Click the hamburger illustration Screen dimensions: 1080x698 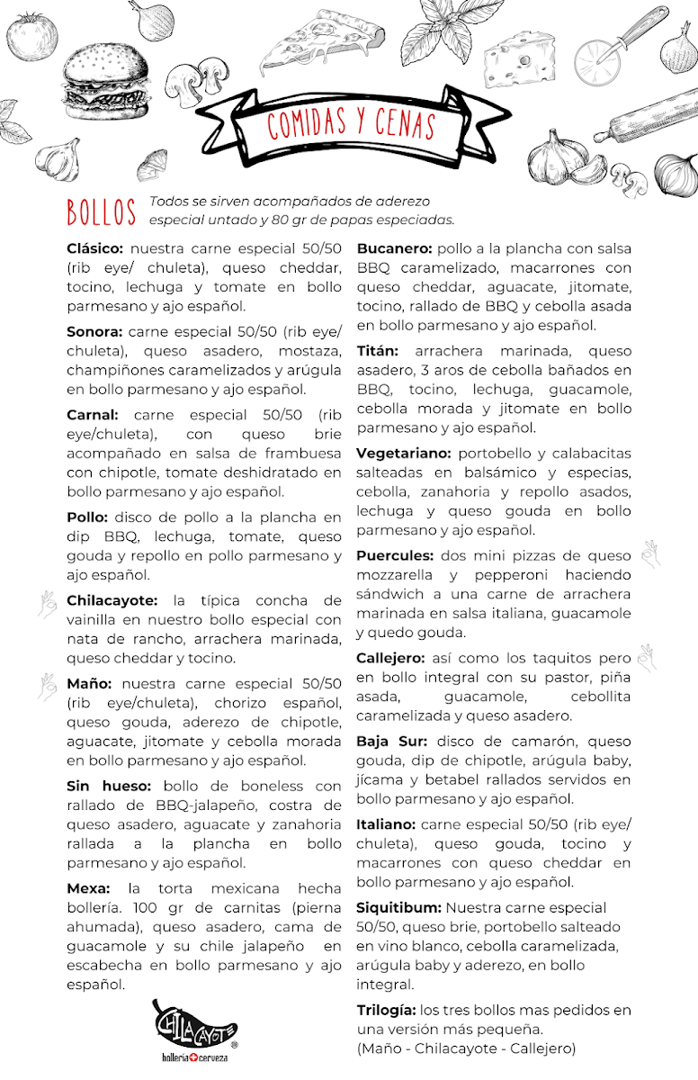(105, 84)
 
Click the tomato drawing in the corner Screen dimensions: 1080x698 (31, 36)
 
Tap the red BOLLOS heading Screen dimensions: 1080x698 (101, 211)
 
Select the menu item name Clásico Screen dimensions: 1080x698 (96, 248)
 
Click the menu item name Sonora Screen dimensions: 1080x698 (94, 331)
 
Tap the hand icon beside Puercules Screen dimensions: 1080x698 (649, 554)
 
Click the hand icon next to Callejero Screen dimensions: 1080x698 (646, 657)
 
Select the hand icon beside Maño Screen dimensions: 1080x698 (46, 687)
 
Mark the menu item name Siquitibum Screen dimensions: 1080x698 (398, 907)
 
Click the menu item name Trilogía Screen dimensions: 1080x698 (386, 1010)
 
